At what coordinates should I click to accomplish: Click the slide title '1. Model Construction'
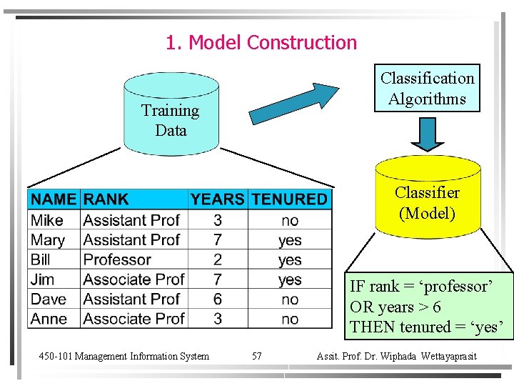(261, 43)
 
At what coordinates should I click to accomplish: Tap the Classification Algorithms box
(427, 89)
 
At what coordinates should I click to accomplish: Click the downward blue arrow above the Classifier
(427, 133)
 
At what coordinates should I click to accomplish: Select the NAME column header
(54, 199)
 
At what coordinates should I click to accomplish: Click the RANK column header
(106, 199)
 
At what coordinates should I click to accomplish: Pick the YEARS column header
(217, 199)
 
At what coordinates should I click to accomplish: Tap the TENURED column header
(290, 199)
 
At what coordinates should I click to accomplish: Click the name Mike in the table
(47, 220)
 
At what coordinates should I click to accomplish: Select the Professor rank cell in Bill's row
(117, 259)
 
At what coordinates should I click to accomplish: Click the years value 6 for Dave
(217, 299)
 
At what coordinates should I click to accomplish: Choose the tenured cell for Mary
(290, 240)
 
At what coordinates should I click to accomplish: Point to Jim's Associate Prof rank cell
(133, 279)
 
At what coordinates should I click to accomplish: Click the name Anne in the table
(49, 319)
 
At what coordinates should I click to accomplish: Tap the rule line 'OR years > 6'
(395, 307)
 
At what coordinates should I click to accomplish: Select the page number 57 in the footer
(256, 356)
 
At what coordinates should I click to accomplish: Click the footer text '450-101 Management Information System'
(124, 356)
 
